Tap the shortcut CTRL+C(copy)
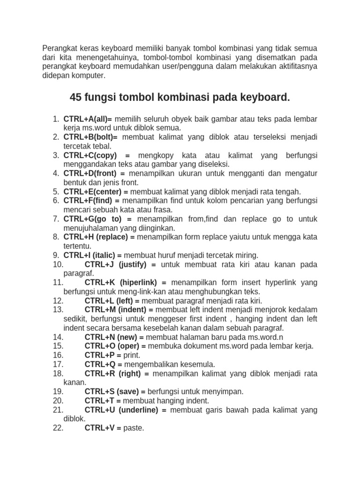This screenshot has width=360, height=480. click(90, 156)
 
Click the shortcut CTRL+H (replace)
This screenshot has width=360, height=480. click(96, 237)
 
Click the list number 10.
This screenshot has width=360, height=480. click(58, 264)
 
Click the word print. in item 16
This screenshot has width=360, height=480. click(132, 355)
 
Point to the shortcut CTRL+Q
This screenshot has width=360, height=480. click(100, 364)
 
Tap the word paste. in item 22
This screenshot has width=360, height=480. click(134, 428)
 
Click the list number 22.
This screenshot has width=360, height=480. click(58, 428)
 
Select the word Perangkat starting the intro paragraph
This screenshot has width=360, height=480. click(59, 48)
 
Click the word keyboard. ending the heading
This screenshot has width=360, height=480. click(266, 97)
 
